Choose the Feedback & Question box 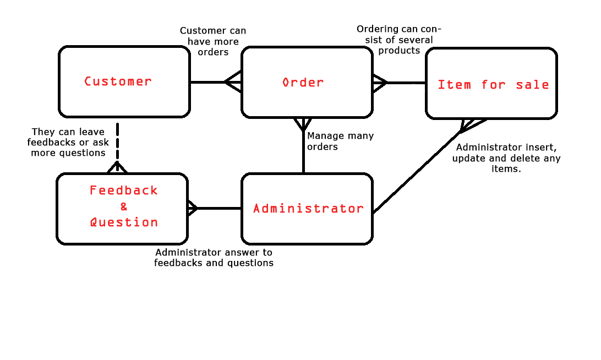[x=122, y=209]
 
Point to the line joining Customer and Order [x=207, y=83]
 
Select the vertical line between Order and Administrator [x=303, y=154]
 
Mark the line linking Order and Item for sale [x=406, y=83]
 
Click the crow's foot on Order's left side [x=233, y=83]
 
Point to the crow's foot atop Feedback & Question [x=117, y=167]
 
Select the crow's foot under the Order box [x=303, y=124]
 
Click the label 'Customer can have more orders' [x=213, y=41]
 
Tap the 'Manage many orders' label [x=340, y=141]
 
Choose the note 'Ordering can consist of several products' [x=399, y=40]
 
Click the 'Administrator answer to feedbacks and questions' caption [x=214, y=258]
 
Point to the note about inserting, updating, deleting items [x=506, y=159]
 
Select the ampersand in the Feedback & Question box [x=124, y=207]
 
